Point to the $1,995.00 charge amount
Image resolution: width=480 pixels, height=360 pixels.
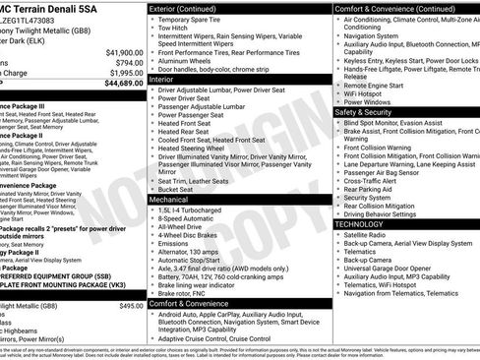[120, 73]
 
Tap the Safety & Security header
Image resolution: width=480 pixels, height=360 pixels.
[363, 112]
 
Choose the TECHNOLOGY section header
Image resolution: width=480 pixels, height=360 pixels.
[360, 224]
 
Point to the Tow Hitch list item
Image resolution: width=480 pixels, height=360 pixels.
[174, 28]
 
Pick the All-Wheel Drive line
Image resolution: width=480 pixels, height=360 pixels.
[187, 228]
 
